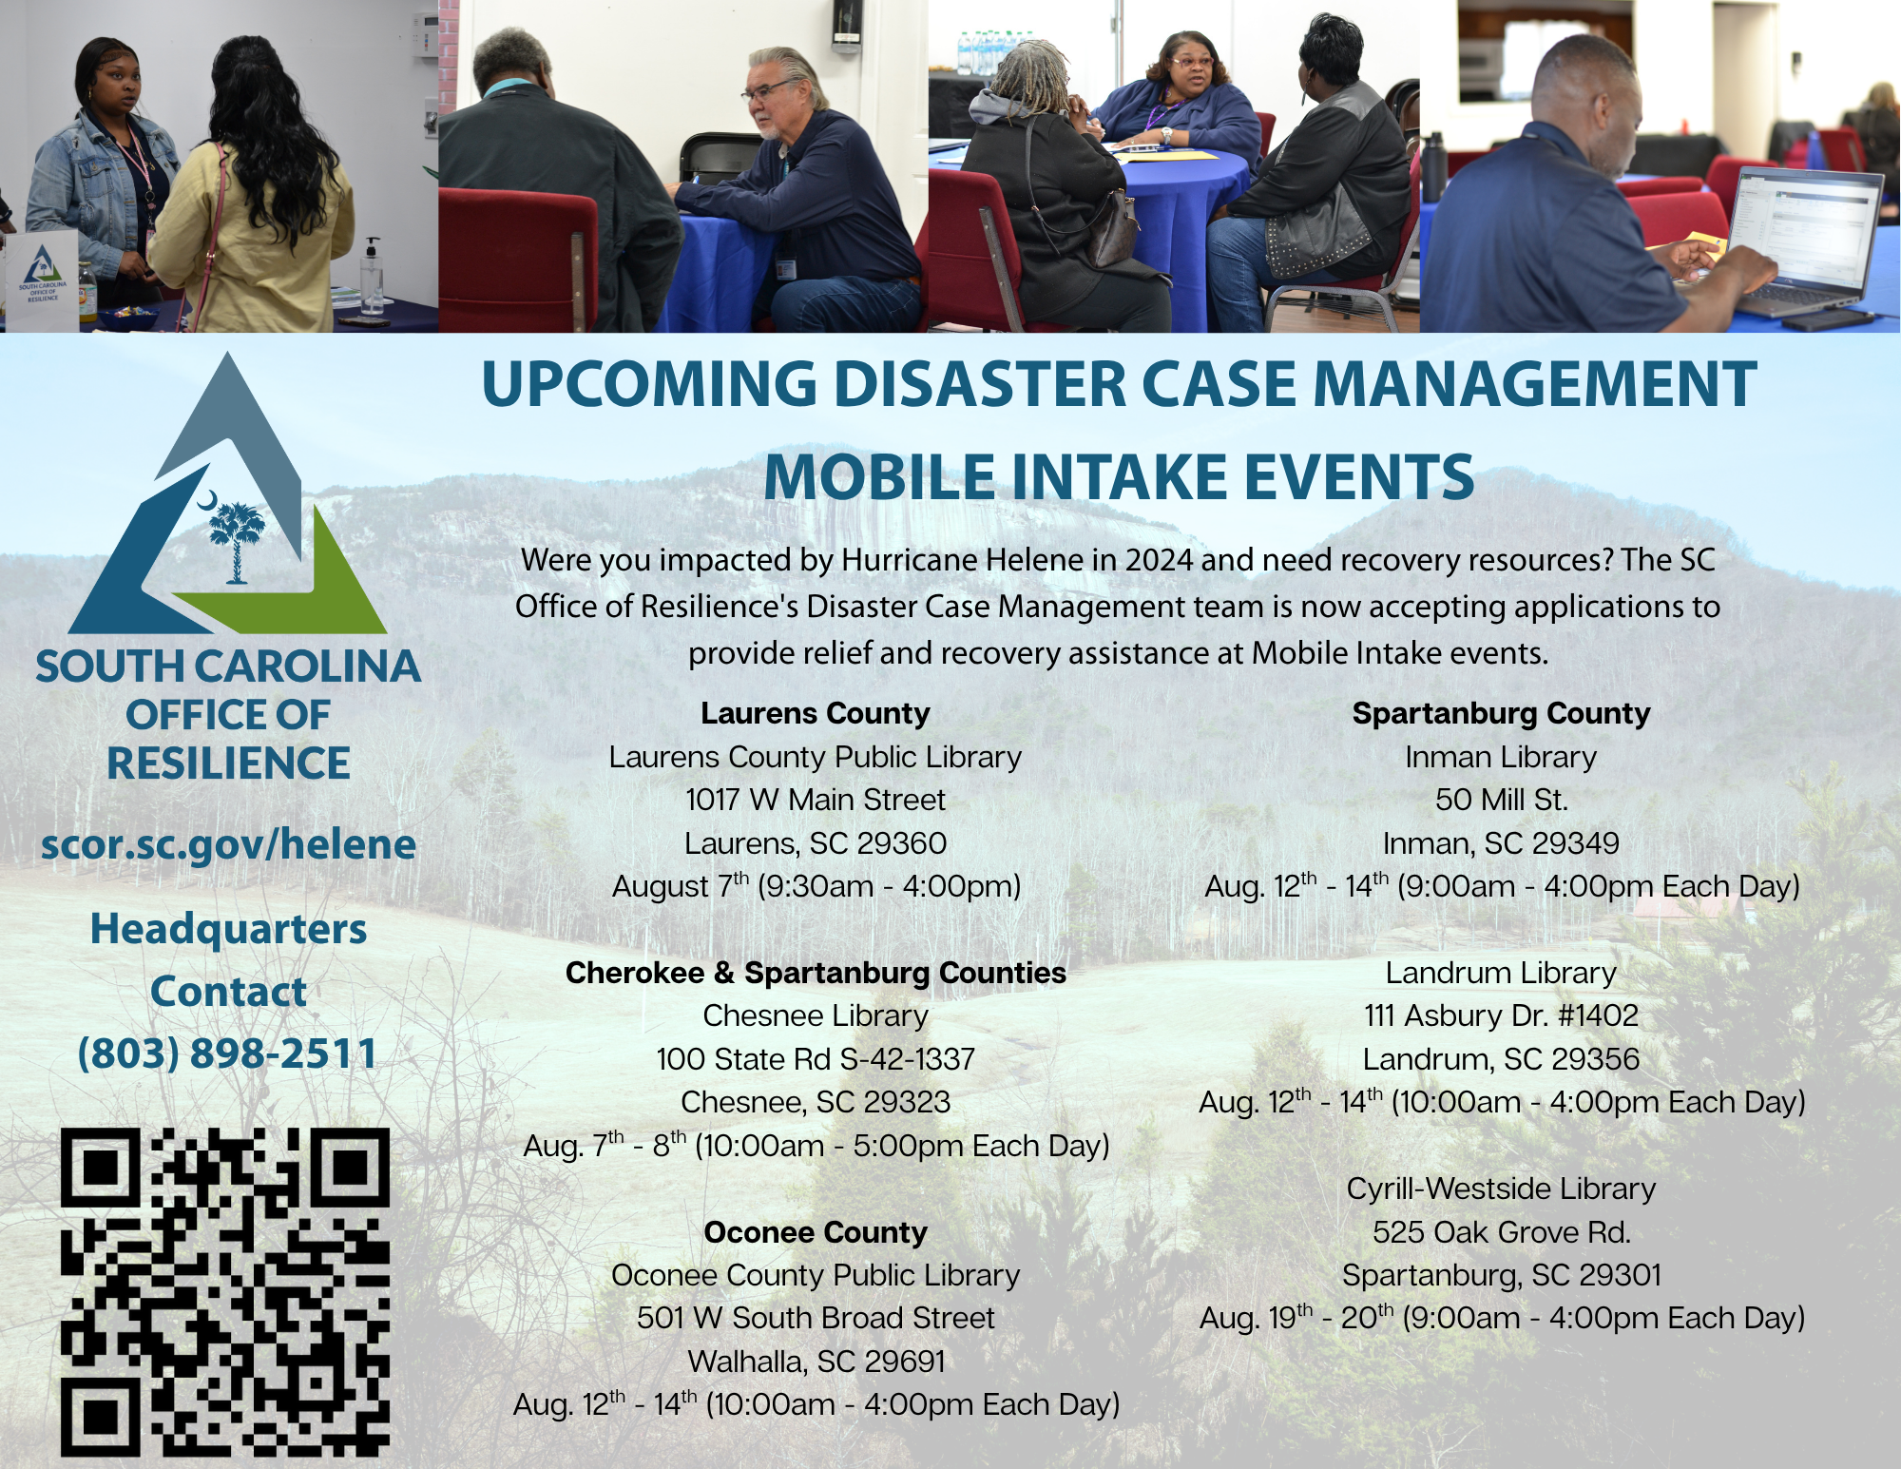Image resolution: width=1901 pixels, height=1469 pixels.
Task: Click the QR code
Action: [x=225, y=1292]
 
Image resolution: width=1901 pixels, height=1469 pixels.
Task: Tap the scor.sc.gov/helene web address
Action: [x=228, y=844]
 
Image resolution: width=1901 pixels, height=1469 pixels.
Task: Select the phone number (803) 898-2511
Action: [x=228, y=1053]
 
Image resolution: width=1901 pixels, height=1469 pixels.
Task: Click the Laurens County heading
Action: [x=816, y=713]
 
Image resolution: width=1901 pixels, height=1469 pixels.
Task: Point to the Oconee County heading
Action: [x=816, y=1232]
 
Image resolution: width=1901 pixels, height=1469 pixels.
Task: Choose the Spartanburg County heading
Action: [x=1502, y=713]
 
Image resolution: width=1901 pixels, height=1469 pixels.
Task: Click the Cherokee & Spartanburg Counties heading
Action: [x=816, y=973]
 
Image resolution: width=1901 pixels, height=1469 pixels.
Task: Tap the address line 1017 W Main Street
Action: [x=816, y=800]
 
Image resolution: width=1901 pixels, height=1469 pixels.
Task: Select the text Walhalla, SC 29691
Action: [x=816, y=1362]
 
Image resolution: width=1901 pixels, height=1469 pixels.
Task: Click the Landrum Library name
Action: [x=1501, y=973]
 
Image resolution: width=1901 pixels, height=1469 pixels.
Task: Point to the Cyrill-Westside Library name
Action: [x=1502, y=1189]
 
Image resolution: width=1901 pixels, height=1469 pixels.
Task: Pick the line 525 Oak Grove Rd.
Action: [x=1502, y=1232]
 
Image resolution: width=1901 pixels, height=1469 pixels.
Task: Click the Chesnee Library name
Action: [x=816, y=1015]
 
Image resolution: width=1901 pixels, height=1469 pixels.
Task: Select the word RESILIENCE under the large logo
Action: [x=228, y=763]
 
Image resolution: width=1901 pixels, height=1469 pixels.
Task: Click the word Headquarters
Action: [x=228, y=929]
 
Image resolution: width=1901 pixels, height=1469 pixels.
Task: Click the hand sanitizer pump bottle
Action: [x=374, y=277]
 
